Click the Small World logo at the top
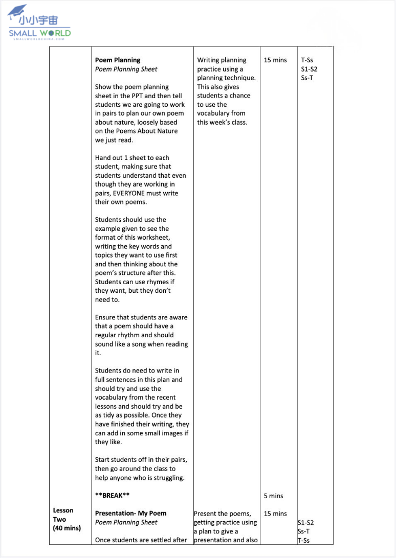coord(39,26)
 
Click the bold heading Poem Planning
coord(118,60)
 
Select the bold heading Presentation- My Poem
coord(130,514)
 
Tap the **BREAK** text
coord(112,496)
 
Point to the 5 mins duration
coord(274,496)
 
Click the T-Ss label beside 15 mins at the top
coord(307,60)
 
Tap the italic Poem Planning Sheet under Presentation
coord(126,522)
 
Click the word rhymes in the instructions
coord(157,282)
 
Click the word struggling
coord(167,478)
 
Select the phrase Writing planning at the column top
coord(222,60)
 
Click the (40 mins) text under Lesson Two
coord(67,528)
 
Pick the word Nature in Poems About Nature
coord(165,131)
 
